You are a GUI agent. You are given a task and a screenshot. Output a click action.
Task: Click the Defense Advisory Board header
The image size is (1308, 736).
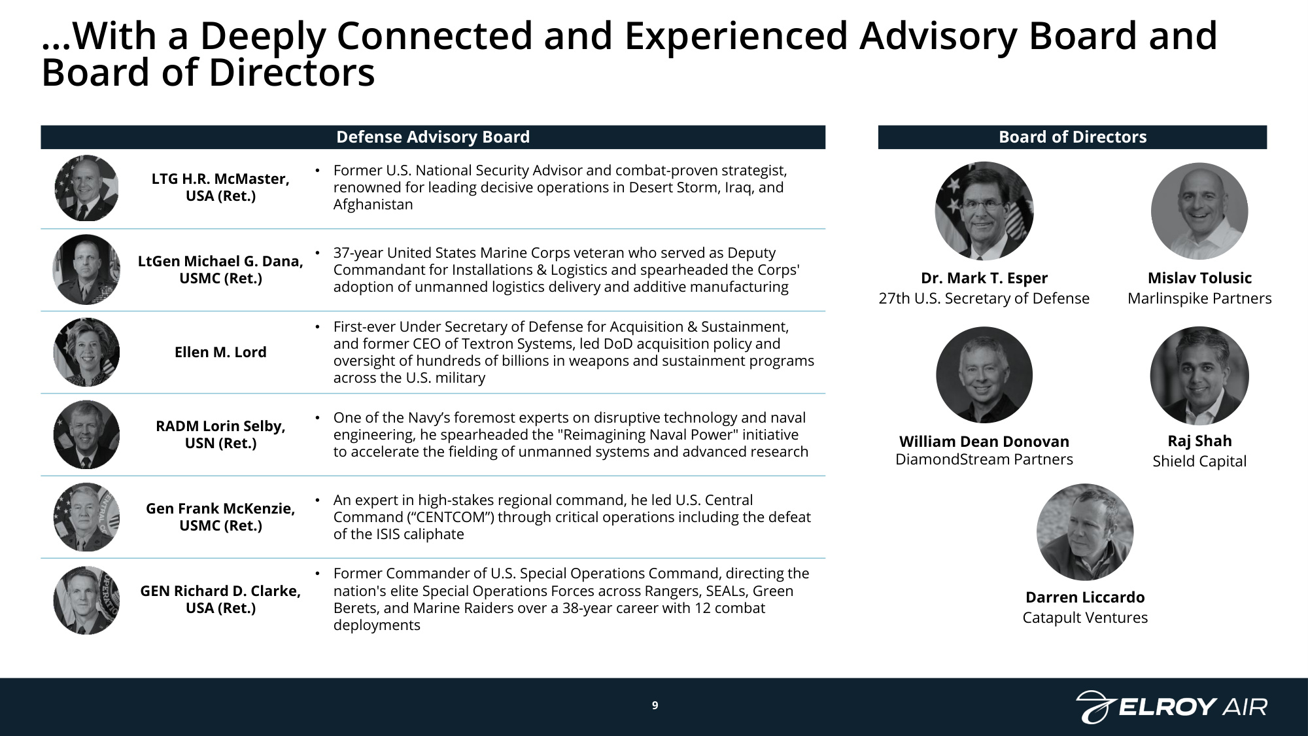[x=433, y=137]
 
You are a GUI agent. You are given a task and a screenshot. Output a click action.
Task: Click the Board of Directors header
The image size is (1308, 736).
[x=1073, y=137]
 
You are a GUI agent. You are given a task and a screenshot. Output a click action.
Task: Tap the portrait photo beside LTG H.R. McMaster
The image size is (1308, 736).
[x=86, y=188]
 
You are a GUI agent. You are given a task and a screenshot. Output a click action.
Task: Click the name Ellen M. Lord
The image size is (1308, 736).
[x=220, y=352]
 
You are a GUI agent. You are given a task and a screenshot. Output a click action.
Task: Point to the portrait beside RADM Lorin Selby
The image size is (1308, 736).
[x=86, y=434]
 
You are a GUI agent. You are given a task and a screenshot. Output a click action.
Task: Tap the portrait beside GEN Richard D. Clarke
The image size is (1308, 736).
[x=86, y=600]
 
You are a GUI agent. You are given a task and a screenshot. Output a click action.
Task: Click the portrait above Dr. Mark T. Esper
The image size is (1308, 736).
[x=984, y=211]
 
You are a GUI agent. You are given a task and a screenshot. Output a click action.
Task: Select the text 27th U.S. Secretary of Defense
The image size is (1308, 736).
[x=984, y=298]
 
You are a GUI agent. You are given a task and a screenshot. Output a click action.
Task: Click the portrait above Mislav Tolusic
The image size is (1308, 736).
[x=1199, y=211]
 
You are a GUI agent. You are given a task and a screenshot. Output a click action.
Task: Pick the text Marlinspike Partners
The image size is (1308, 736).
[x=1199, y=298]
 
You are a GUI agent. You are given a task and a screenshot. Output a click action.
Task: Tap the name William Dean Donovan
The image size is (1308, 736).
[x=984, y=442]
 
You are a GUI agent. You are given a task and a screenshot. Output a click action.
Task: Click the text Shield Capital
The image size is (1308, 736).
[x=1199, y=461]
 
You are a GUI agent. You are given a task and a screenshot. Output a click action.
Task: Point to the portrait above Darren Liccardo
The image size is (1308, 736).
[x=1085, y=532]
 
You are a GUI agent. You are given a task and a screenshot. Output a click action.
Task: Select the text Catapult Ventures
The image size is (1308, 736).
[x=1085, y=618]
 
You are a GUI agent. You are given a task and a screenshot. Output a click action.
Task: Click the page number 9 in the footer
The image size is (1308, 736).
[x=655, y=705]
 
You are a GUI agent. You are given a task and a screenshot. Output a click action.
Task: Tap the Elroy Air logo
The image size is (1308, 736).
[x=1171, y=707]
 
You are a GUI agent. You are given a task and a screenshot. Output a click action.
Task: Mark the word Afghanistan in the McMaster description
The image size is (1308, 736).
[x=373, y=204]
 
